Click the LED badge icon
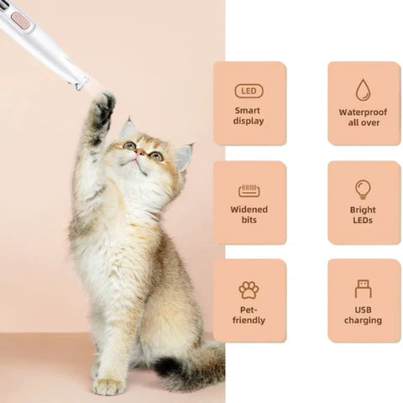[249, 91]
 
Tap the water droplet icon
[363, 90]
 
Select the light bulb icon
[363, 189]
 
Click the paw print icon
[249, 290]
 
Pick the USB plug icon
[363, 289]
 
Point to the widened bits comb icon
[249, 191]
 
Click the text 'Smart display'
[249, 116]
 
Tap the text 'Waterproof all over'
[364, 117]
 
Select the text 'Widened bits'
[249, 215]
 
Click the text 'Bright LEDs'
[363, 215]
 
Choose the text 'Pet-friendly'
[249, 315]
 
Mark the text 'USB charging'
[363, 315]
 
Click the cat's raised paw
[103, 107]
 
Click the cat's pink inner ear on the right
[183, 156]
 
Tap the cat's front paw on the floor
[108, 386]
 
